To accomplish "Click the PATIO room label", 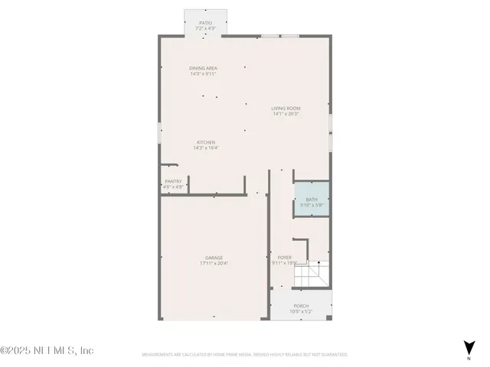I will (205, 23).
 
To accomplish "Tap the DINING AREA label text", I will (204, 68).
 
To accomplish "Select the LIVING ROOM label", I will (285, 108).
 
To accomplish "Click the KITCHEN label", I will (205, 142).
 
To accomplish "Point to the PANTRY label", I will (173, 181).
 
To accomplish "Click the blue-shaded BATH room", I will (312, 201).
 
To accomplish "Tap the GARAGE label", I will (214, 258).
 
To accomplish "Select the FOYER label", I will (284, 258).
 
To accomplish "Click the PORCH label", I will (301, 306).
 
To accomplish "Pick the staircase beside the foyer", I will (312, 274).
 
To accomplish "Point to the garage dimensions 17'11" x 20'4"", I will (214, 264).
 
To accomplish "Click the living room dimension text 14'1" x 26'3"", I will (285, 114).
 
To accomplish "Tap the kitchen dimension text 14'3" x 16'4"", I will (205, 148).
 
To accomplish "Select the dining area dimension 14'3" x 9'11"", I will (204, 74).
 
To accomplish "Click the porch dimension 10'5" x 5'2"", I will (301, 312).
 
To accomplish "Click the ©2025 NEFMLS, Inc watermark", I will (47, 350).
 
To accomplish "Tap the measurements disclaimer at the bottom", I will (244, 355).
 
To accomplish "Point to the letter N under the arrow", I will (468, 358).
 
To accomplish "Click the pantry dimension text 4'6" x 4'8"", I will (173, 187).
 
